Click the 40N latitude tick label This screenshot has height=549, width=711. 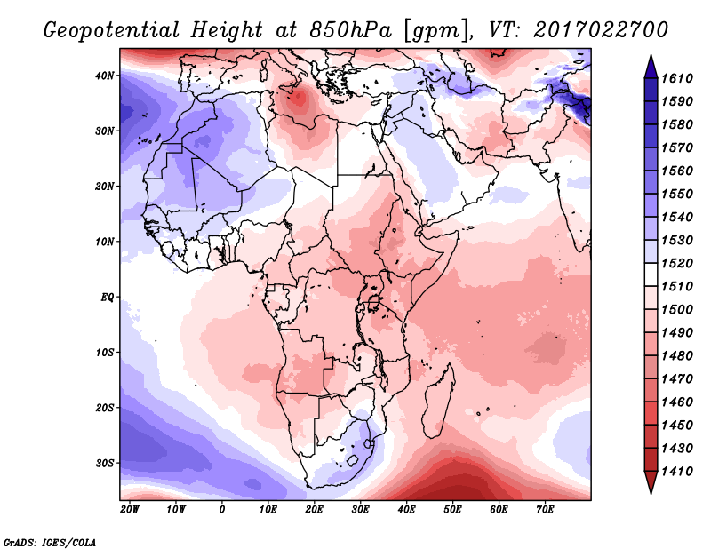pyautogui.click(x=105, y=76)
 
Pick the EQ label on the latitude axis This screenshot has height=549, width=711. pyautogui.click(x=108, y=297)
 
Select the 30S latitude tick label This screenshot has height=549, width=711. pyautogui.click(x=105, y=463)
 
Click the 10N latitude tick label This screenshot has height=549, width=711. pyautogui.click(x=105, y=242)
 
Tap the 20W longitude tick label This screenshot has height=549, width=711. pyautogui.click(x=130, y=509)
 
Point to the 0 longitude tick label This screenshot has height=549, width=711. pyautogui.click(x=222, y=509)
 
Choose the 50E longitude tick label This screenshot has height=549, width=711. pyautogui.click(x=453, y=509)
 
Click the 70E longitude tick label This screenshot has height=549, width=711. pyautogui.click(x=546, y=509)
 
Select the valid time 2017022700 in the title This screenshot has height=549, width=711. pyautogui.click(x=601, y=28)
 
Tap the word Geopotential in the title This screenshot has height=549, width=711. pyautogui.click(x=116, y=28)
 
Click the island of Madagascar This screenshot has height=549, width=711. pyautogui.click(x=438, y=389)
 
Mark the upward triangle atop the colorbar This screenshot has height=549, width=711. pyautogui.click(x=651, y=63)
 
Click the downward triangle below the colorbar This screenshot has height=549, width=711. pyautogui.click(x=651, y=483)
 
